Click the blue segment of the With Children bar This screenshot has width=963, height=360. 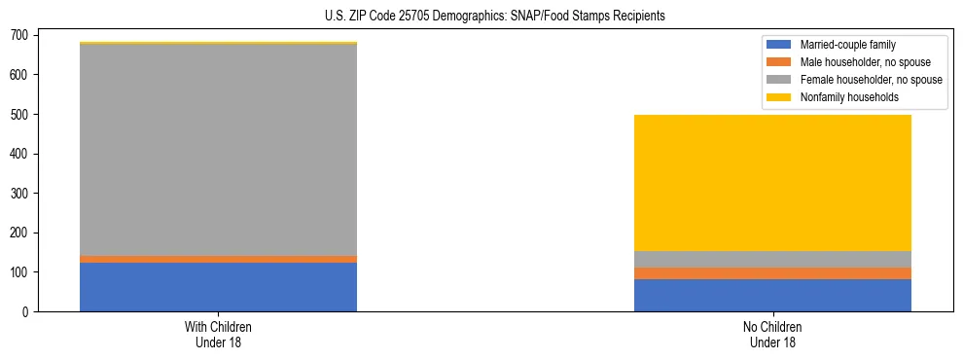pos(218,287)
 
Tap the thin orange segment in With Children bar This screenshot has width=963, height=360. pos(218,259)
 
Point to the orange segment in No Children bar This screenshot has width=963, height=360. pos(772,273)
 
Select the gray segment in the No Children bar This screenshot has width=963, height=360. pos(772,259)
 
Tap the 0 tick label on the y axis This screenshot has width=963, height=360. pos(27,311)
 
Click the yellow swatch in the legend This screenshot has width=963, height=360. pos(780,97)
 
